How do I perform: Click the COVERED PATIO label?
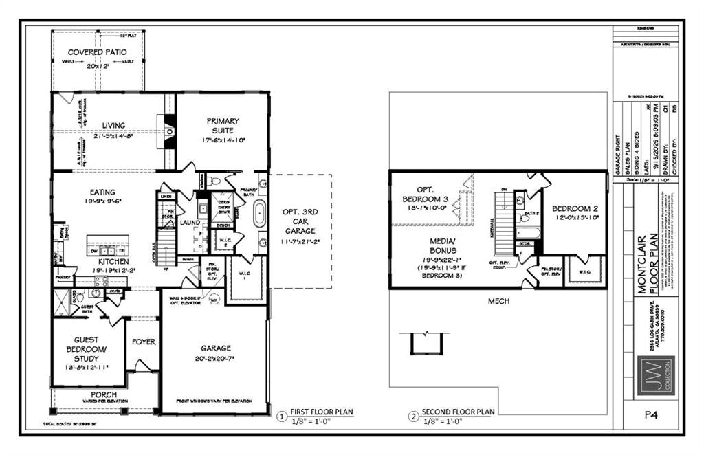point(96,52)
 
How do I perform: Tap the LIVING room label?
point(114,125)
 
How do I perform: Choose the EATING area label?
point(102,192)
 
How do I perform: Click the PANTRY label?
point(66,278)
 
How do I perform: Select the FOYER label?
point(144,342)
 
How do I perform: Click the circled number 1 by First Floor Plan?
point(280,417)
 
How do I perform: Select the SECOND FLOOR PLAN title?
point(458,412)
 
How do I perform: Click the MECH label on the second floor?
point(499,301)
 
